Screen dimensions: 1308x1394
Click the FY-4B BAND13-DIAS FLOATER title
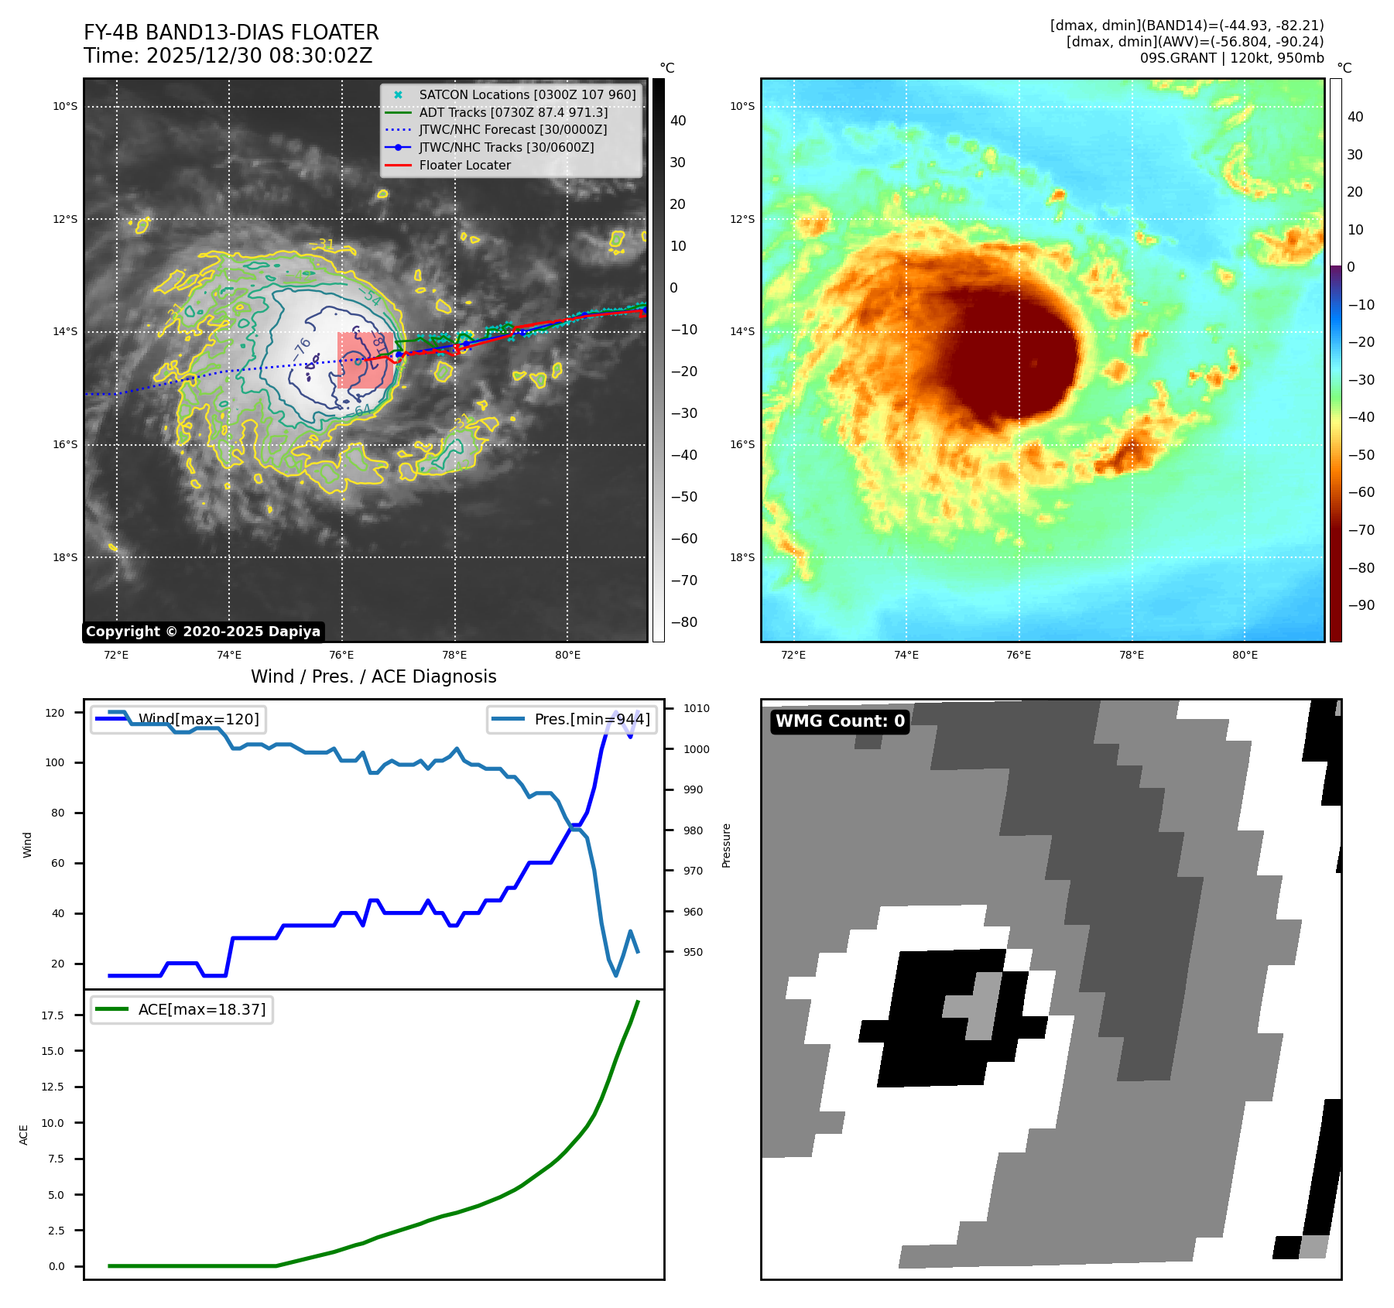[x=231, y=33]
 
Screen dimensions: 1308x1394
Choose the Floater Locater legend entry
[x=464, y=165]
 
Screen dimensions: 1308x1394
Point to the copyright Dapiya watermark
[x=203, y=632]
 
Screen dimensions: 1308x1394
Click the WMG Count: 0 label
[x=840, y=721]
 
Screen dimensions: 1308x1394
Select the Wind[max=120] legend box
[x=179, y=719]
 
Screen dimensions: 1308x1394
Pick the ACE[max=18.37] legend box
[x=182, y=1009]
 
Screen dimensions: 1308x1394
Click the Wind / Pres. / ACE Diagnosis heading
[x=373, y=676]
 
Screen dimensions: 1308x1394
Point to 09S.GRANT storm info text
[x=1231, y=58]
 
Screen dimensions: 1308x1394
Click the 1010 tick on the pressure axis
[x=696, y=708]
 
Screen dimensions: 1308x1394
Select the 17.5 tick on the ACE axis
[x=53, y=1015]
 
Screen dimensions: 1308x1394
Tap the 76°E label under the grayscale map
[x=341, y=656]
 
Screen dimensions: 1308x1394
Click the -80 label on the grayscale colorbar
[x=683, y=622]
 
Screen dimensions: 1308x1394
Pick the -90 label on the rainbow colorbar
[x=1361, y=605]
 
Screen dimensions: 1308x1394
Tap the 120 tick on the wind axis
[x=55, y=713]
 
